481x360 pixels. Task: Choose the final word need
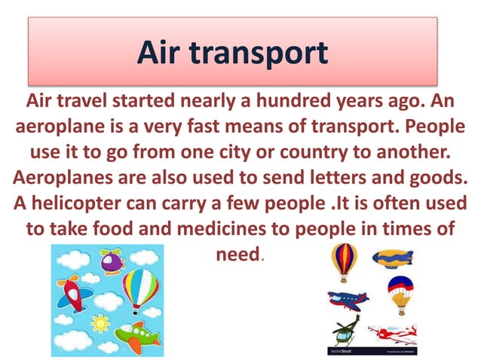point(237,253)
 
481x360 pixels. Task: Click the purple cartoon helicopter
point(112,262)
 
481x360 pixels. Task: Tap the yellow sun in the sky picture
point(100,323)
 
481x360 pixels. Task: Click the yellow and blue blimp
point(393,257)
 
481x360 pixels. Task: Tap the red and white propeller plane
point(391,332)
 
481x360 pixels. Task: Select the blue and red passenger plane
point(348,299)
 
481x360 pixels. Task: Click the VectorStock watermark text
point(342,351)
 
